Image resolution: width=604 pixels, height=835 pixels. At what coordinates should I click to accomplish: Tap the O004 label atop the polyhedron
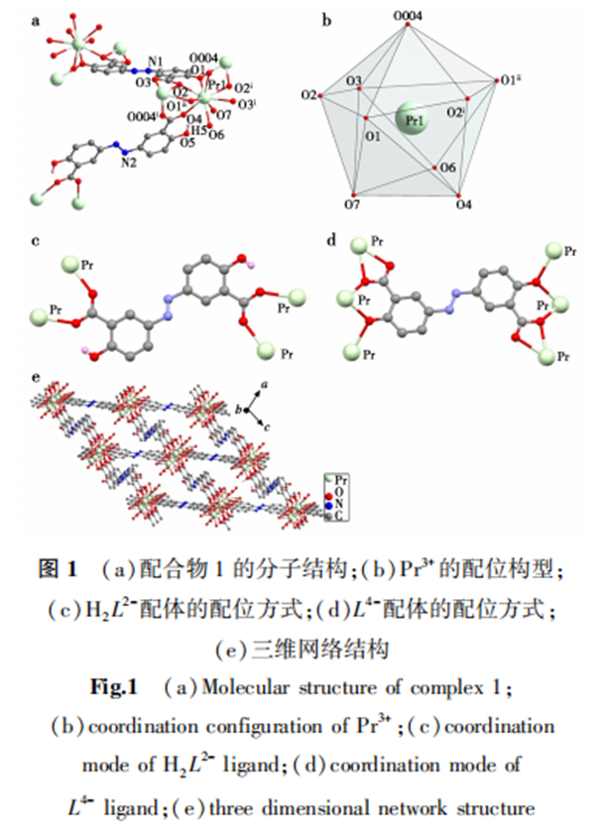coord(410,16)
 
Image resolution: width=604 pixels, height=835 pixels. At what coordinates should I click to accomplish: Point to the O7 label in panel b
coord(352,203)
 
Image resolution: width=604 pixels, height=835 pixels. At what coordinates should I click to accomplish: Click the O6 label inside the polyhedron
coord(447,169)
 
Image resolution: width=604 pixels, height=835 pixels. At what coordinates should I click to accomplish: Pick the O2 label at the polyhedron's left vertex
coord(307,95)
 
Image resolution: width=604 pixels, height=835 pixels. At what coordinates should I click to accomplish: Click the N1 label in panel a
coord(152,62)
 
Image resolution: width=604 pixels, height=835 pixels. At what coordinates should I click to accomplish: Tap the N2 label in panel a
coord(129,162)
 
